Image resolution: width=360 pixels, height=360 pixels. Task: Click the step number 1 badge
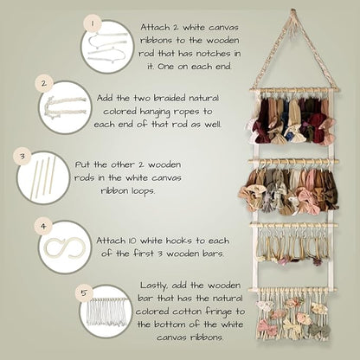(x=93, y=23)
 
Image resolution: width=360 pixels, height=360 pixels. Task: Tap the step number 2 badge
(x=44, y=84)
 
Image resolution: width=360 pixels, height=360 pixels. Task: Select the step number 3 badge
(x=22, y=157)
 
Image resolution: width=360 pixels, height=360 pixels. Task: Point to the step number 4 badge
(x=43, y=227)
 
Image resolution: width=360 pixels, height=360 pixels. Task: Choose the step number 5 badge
(x=84, y=293)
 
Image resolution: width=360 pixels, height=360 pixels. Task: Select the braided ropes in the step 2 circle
(x=65, y=106)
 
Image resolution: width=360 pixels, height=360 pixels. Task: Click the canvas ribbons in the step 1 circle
(x=107, y=47)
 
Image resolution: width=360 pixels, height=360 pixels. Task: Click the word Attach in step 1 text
(x=155, y=28)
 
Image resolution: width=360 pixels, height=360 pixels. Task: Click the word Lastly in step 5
(x=154, y=286)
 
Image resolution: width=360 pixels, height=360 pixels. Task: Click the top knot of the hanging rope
(x=293, y=12)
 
